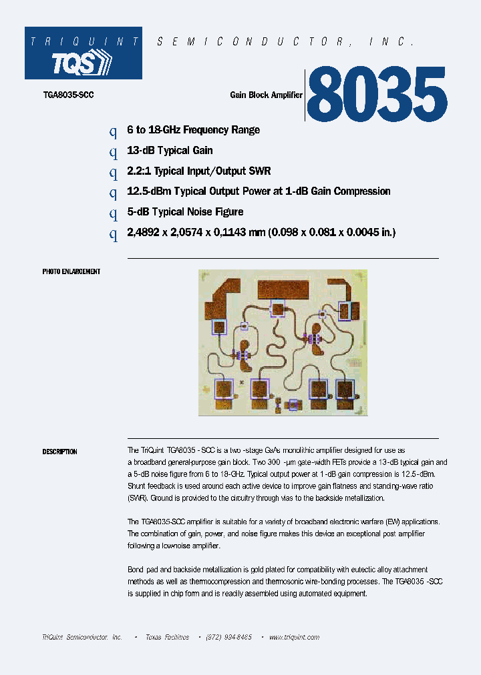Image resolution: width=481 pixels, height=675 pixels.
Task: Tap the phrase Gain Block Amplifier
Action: (266, 95)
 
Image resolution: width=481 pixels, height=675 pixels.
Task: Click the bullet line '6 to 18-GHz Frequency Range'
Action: (193, 130)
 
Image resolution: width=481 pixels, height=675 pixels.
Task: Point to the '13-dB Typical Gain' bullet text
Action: (170, 151)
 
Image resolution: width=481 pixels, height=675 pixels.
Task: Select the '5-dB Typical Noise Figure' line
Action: (185, 212)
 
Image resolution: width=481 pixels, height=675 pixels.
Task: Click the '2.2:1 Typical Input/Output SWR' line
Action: (198, 171)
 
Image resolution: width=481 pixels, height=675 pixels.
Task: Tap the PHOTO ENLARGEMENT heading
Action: (71, 272)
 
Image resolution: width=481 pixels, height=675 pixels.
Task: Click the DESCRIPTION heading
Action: (59, 452)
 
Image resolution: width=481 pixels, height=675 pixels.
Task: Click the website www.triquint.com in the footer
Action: (295, 638)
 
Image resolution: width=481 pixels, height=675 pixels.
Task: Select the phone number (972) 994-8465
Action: (228, 638)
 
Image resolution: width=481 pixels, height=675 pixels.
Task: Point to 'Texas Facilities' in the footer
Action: (167, 638)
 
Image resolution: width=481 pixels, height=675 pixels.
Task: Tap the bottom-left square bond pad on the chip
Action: (223, 388)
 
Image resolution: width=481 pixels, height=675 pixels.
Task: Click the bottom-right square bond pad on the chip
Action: (345, 388)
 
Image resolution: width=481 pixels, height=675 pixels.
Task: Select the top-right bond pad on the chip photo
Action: (345, 311)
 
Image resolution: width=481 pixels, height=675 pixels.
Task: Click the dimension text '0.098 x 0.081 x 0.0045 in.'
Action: (332, 233)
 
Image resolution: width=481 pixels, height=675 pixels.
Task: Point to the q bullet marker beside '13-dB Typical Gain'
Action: (113, 151)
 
